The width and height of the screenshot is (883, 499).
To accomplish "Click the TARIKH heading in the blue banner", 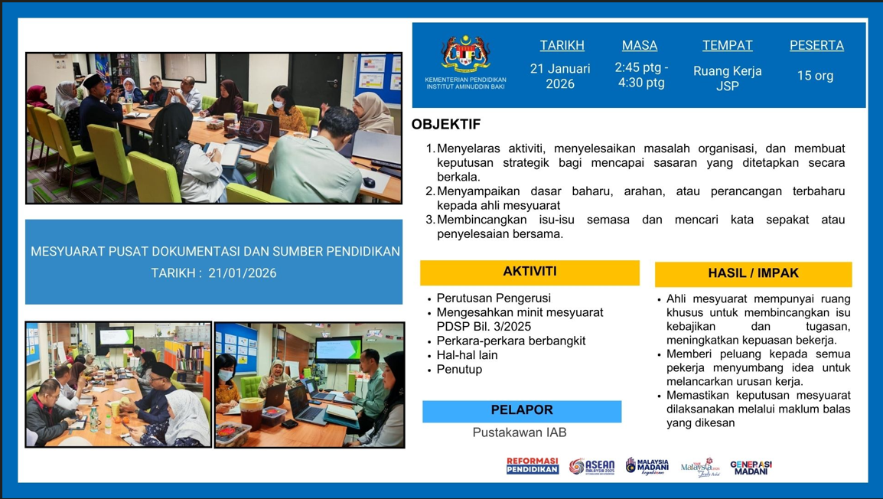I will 562,46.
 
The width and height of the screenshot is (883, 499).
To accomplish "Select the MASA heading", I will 640,46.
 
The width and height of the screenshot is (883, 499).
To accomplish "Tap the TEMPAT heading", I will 727,46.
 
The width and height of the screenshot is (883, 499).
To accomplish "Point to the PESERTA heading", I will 816,46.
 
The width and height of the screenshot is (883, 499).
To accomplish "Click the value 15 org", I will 815,76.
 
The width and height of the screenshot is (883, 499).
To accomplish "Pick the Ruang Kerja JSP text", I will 727,79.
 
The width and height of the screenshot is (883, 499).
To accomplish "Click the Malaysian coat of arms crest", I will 465,54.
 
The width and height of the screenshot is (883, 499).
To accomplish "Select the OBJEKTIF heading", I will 446,125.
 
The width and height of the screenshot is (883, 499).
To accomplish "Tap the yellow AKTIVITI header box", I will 529,272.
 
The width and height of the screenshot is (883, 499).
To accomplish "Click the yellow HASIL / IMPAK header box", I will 753,274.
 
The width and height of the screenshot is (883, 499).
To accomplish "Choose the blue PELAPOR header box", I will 522,411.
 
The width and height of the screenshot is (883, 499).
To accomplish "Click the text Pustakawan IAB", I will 520,432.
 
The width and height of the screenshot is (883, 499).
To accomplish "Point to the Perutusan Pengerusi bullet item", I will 494,298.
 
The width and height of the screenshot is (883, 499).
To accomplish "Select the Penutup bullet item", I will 459,370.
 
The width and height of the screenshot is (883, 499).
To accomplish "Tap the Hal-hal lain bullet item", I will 467,355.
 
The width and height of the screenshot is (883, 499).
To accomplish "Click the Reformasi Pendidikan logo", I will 533,466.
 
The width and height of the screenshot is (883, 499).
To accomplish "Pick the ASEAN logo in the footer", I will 591,467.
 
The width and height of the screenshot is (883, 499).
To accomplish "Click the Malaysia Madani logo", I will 647,466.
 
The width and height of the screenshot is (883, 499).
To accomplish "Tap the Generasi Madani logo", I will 751,468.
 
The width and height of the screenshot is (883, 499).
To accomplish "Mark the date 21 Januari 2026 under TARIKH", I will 560,77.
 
